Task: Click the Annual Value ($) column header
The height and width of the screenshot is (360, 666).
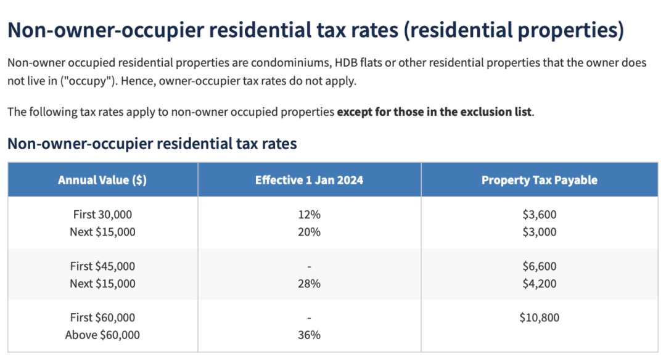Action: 102,180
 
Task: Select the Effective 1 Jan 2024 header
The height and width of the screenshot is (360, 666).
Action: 309,180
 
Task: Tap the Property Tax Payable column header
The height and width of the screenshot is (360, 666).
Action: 539,180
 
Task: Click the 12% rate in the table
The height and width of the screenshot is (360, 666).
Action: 309,215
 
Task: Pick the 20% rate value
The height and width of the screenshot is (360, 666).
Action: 309,232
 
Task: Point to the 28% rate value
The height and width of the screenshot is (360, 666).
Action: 309,284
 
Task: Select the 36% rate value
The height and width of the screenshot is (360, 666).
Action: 309,335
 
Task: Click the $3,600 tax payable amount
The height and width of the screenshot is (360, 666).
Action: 539,215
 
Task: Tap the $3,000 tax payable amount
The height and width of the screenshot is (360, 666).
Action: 539,232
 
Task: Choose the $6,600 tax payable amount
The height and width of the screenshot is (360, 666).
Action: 539,266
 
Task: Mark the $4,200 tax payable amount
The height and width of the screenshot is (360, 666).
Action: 539,284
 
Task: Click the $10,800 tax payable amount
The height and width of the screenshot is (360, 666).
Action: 539,317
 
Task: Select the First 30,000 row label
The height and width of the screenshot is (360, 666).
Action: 102,215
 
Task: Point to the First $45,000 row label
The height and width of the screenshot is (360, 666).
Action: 102,266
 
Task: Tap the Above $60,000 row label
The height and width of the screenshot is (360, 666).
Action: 102,335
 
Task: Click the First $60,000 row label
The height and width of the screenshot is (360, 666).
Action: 102,317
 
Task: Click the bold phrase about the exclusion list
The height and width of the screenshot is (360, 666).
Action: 434,112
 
